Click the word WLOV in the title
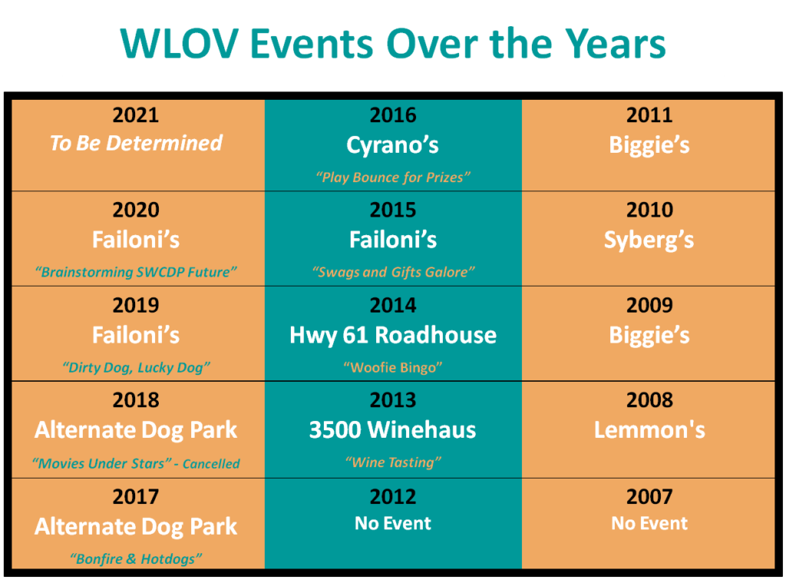[x=179, y=44]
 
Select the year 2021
[x=136, y=115]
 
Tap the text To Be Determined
[x=136, y=143]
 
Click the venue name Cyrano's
[x=392, y=145]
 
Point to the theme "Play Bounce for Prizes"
[x=393, y=177]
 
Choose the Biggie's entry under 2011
[x=649, y=145]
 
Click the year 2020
[x=136, y=210]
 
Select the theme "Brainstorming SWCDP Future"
[x=136, y=272]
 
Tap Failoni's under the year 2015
[x=393, y=240]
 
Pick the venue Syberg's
[x=649, y=240]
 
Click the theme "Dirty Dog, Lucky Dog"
[x=136, y=367]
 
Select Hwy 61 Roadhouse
[x=393, y=335]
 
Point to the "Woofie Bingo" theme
[x=393, y=367]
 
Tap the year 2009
[x=649, y=306]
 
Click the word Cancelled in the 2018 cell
[x=211, y=463]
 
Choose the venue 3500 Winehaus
[x=392, y=430]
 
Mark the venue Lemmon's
[x=649, y=430]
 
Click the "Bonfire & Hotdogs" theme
[x=136, y=559]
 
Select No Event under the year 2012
[x=393, y=523]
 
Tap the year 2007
[x=649, y=497]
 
